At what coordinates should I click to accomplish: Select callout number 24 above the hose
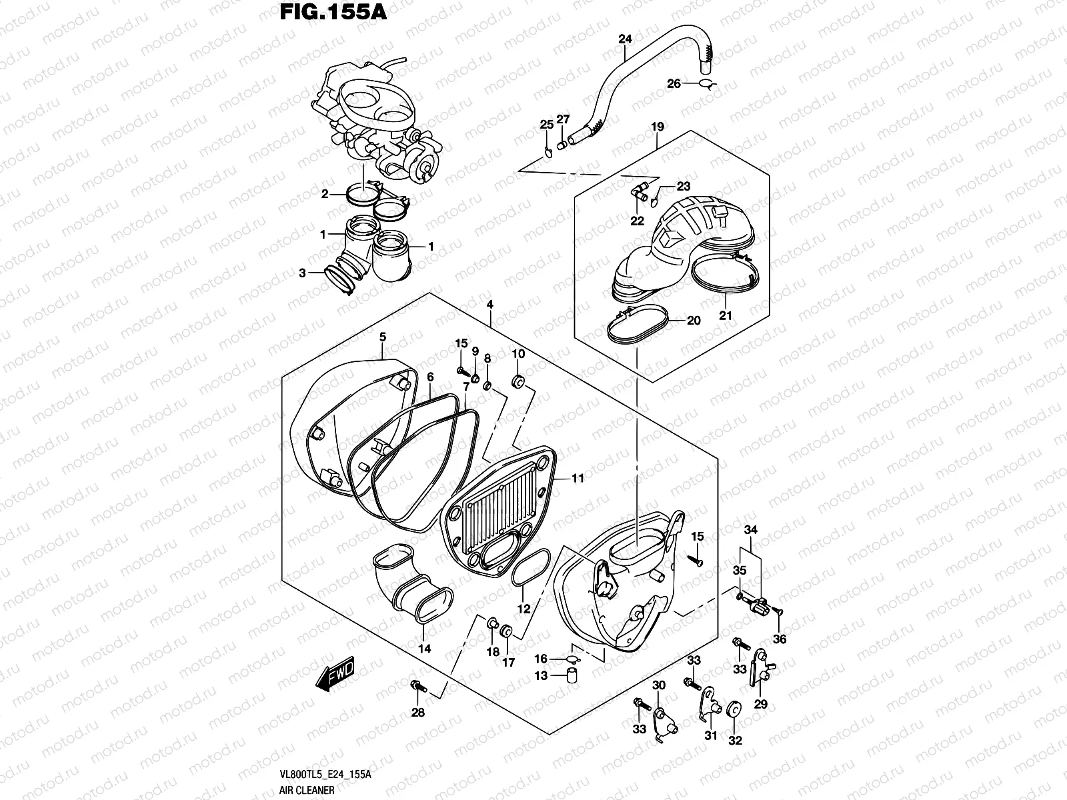[x=624, y=39]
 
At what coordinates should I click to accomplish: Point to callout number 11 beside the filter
[x=578, y=478]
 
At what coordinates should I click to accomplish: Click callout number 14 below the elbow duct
[x=424, y=648]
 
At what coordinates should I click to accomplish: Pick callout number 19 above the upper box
[x=658, y=126]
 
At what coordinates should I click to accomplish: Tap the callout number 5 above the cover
[x=382, y=337]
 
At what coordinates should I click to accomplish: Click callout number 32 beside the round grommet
[x=735, y=740]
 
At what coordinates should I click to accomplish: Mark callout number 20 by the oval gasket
[x=694, y=321]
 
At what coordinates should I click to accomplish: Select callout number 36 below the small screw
[x=779, y=639]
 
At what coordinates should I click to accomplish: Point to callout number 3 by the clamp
[x=302, y=273]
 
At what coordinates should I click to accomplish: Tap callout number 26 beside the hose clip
[x=674, y=83]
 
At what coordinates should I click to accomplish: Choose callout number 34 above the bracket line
[x=751, y=530]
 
